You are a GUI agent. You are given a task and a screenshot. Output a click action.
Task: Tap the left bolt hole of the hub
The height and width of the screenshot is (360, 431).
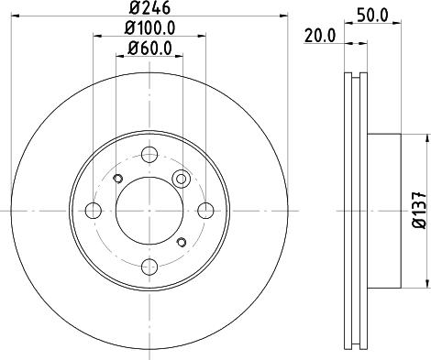(92, 211)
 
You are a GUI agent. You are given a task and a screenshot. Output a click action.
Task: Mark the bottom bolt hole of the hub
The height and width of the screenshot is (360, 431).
(149, 267)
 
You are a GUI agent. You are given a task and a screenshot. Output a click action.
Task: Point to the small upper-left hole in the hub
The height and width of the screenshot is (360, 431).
(116, 179)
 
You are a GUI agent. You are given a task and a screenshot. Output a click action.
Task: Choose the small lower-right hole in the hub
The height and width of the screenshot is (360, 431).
(181, 243)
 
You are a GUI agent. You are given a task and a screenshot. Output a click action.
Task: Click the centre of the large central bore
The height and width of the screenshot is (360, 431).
(149, 211)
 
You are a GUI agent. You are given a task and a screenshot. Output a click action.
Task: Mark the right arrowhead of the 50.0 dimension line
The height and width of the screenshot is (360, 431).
(397, 25)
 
